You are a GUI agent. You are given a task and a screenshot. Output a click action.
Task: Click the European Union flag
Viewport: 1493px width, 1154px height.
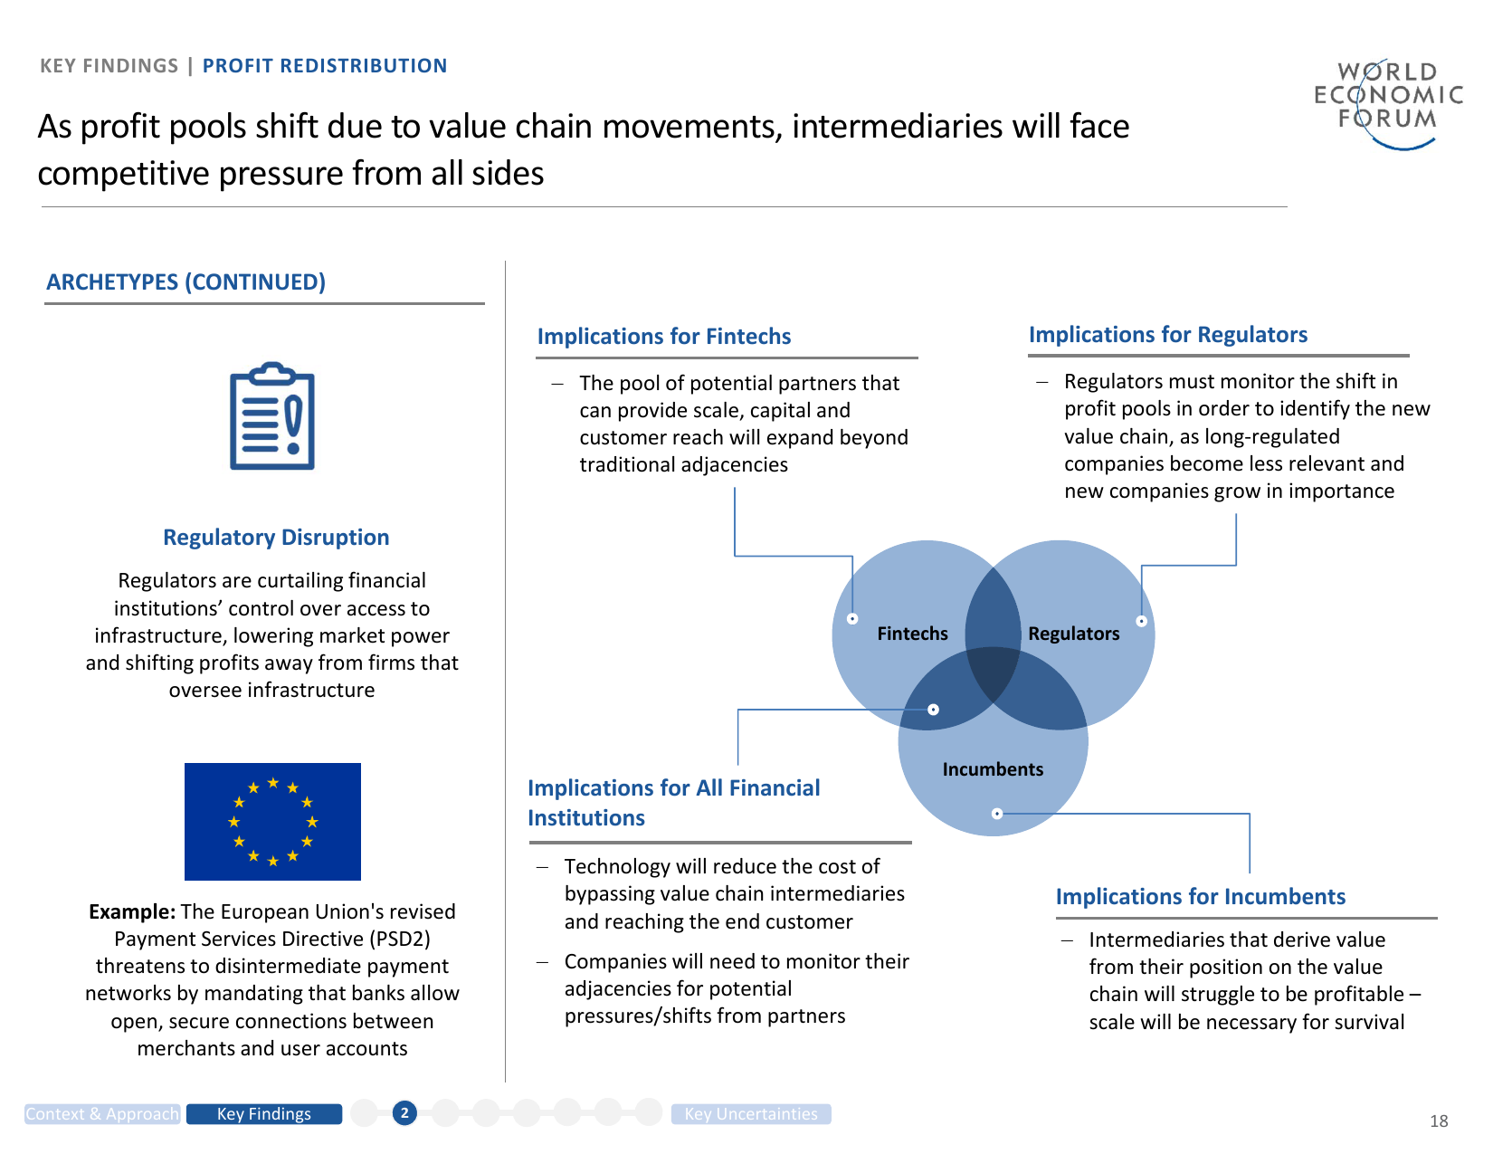272,821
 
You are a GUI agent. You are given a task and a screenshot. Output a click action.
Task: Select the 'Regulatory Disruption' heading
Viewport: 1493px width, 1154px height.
276,537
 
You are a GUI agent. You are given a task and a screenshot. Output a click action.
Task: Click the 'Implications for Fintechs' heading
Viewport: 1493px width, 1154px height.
664,337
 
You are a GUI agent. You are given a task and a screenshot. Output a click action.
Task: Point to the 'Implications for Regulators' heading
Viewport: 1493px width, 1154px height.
1168,335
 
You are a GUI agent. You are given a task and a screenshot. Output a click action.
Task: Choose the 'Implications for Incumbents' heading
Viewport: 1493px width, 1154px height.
1201,897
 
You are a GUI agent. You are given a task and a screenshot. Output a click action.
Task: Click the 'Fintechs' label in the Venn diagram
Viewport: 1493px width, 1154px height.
912,634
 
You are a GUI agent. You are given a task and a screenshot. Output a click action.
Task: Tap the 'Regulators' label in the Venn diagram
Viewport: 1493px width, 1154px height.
1074,634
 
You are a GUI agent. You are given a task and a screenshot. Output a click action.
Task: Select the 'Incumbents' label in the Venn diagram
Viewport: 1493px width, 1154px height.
993,769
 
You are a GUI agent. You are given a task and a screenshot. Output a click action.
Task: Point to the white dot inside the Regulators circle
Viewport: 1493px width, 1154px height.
1142,621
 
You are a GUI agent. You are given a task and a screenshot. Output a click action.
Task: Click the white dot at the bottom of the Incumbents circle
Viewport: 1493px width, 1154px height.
997,814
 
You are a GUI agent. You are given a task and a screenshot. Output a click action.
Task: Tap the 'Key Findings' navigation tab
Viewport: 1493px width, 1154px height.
264,1114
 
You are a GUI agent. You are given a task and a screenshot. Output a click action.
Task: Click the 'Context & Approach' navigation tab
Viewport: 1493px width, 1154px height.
102,1114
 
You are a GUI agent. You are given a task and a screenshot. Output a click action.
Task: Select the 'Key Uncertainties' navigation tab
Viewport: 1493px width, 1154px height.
751,1114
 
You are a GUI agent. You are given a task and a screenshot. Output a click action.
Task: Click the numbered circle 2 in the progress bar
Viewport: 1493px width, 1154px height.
404,1113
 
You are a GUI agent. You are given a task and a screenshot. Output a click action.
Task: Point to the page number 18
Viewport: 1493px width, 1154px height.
1439,1121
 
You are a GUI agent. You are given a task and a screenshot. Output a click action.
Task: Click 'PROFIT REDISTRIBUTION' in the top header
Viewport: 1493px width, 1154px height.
325,66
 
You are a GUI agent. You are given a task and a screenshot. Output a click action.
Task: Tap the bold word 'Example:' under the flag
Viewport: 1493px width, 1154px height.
132,911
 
